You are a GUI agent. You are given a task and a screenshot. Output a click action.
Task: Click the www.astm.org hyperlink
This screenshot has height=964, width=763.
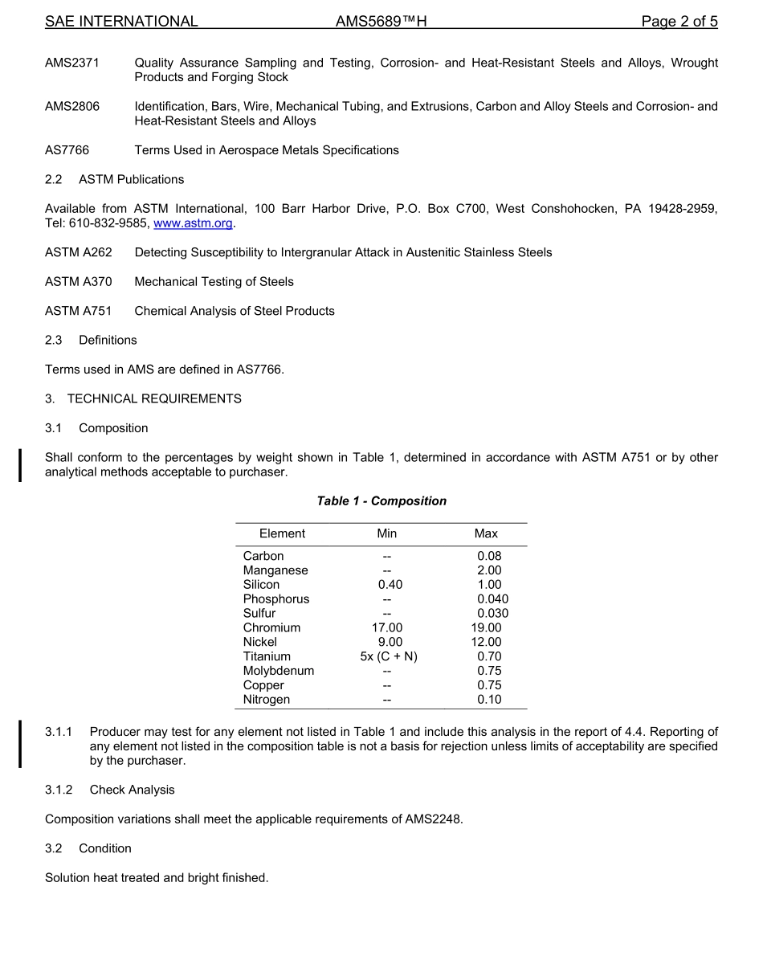[193, 223]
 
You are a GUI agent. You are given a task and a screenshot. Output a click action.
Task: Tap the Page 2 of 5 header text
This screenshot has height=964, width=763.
[679, 22]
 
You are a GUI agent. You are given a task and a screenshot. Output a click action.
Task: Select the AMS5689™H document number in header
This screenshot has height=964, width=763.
[381, 22]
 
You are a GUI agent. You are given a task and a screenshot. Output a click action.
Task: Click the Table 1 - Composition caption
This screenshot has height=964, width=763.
[381, 501]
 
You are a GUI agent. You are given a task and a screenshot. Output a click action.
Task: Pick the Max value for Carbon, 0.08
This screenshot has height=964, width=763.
[489, 556]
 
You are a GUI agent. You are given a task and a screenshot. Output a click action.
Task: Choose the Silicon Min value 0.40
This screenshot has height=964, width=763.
[390, 585]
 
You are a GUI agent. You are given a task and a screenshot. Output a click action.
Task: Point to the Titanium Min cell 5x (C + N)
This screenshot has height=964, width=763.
[389, 656]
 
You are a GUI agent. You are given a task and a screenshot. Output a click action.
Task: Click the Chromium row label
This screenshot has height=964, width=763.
[271, 627]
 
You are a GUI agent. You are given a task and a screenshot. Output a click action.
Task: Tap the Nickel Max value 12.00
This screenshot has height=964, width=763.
[486, 642]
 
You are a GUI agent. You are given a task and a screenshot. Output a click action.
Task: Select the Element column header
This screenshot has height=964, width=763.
[282, 533]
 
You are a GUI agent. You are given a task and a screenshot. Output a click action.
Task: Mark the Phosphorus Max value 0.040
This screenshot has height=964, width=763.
[492, 599]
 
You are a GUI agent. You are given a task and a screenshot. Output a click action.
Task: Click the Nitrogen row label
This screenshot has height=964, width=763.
[267, 700]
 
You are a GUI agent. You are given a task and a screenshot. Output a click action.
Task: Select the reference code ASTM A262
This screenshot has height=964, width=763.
[79, 252]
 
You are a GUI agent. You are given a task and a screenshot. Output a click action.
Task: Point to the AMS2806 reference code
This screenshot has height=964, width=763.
[72, 106]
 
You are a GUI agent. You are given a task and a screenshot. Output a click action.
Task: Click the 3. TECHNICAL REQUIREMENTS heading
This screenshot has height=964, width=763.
[143, 398]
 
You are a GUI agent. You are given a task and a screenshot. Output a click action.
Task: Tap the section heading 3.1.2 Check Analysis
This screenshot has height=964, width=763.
[110, 790]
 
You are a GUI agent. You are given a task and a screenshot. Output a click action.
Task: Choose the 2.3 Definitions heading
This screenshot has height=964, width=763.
[92, 340]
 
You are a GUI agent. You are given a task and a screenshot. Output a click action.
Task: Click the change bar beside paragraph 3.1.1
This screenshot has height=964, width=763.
[21, 745]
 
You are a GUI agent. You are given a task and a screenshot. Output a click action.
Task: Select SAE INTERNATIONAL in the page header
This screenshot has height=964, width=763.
[121, 22]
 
